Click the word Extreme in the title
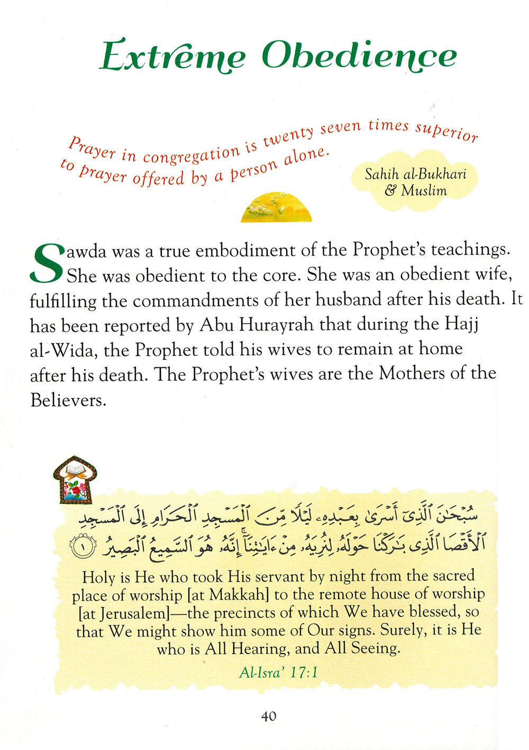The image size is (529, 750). [x=172, y=56]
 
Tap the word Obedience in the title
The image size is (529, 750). [x=359, y=55]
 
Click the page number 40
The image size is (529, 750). [x=268, y=716]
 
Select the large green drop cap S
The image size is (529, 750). [x=47, y=263]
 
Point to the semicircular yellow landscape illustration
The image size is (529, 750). [x=276, y=208]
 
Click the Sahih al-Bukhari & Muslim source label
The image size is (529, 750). [x=415, y=182]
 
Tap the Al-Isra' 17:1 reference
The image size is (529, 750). [x=278, y=673]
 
